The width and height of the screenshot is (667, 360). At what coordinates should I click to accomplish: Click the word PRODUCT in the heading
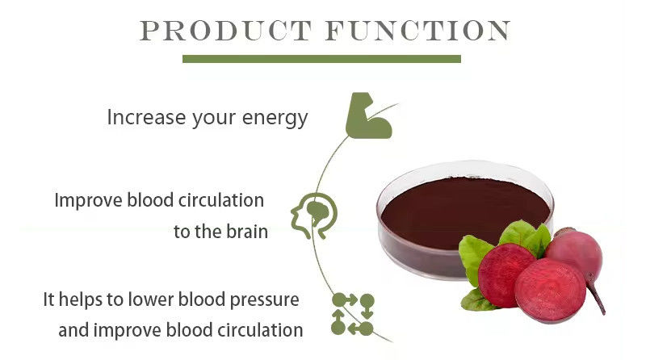coord(226,31)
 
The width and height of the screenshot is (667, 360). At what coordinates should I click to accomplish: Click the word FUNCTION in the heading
coord(417,31)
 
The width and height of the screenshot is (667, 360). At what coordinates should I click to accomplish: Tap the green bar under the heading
coord(321,59)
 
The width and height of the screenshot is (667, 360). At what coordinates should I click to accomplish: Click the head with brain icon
coord(313,215)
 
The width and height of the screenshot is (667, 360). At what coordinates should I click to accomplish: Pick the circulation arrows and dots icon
coord(353,314)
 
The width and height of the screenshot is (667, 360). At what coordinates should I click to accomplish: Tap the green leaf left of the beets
coord(476,257)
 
